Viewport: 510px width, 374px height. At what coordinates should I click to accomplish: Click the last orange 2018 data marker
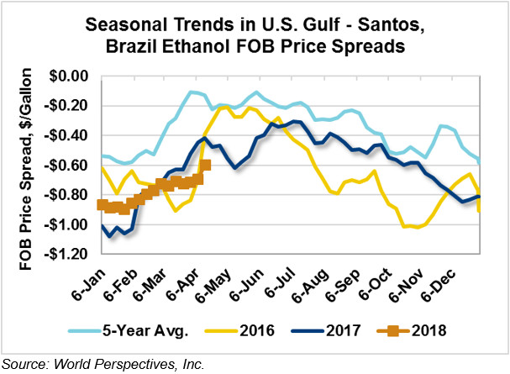pyautogui.click(x=206, y=166)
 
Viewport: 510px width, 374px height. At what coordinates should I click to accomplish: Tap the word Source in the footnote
pyautogui.click(x=23, y=363)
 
